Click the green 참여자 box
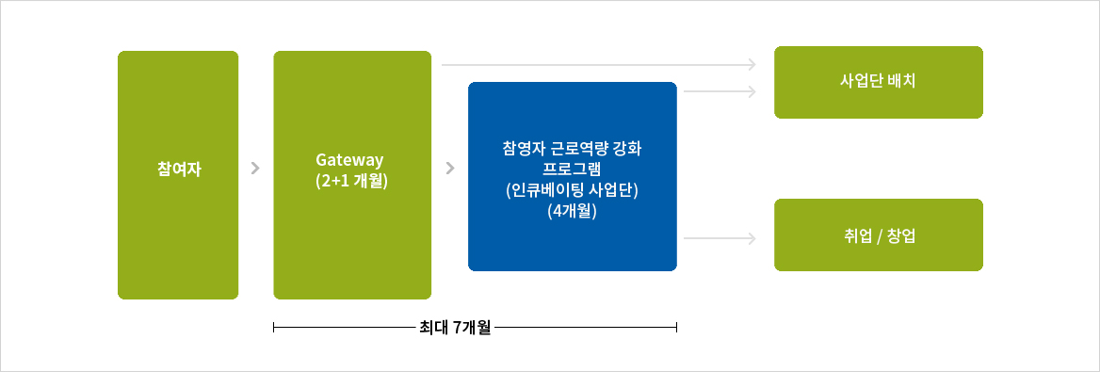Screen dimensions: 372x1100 tap(178, 175)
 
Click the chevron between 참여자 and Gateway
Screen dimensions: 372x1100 tap(256, 170)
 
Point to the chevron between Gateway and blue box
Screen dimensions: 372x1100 tap(449, 170)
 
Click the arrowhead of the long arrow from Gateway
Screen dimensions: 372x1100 tap(752, 64)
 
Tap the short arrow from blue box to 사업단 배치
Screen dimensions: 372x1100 tap(720, 91)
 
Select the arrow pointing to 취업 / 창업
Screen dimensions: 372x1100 tap(720, 239)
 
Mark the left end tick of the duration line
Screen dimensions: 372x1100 tap(273, 328)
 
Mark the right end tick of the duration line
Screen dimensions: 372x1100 tap(676, 328)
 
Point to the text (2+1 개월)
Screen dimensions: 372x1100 tap(352, 181)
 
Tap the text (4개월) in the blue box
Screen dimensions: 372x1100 tap(572, 212)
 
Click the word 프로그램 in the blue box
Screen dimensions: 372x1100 tap(572, 170)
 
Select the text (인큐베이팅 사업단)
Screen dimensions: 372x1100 tap(572, 191)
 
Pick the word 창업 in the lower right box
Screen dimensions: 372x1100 tap(901, 235)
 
